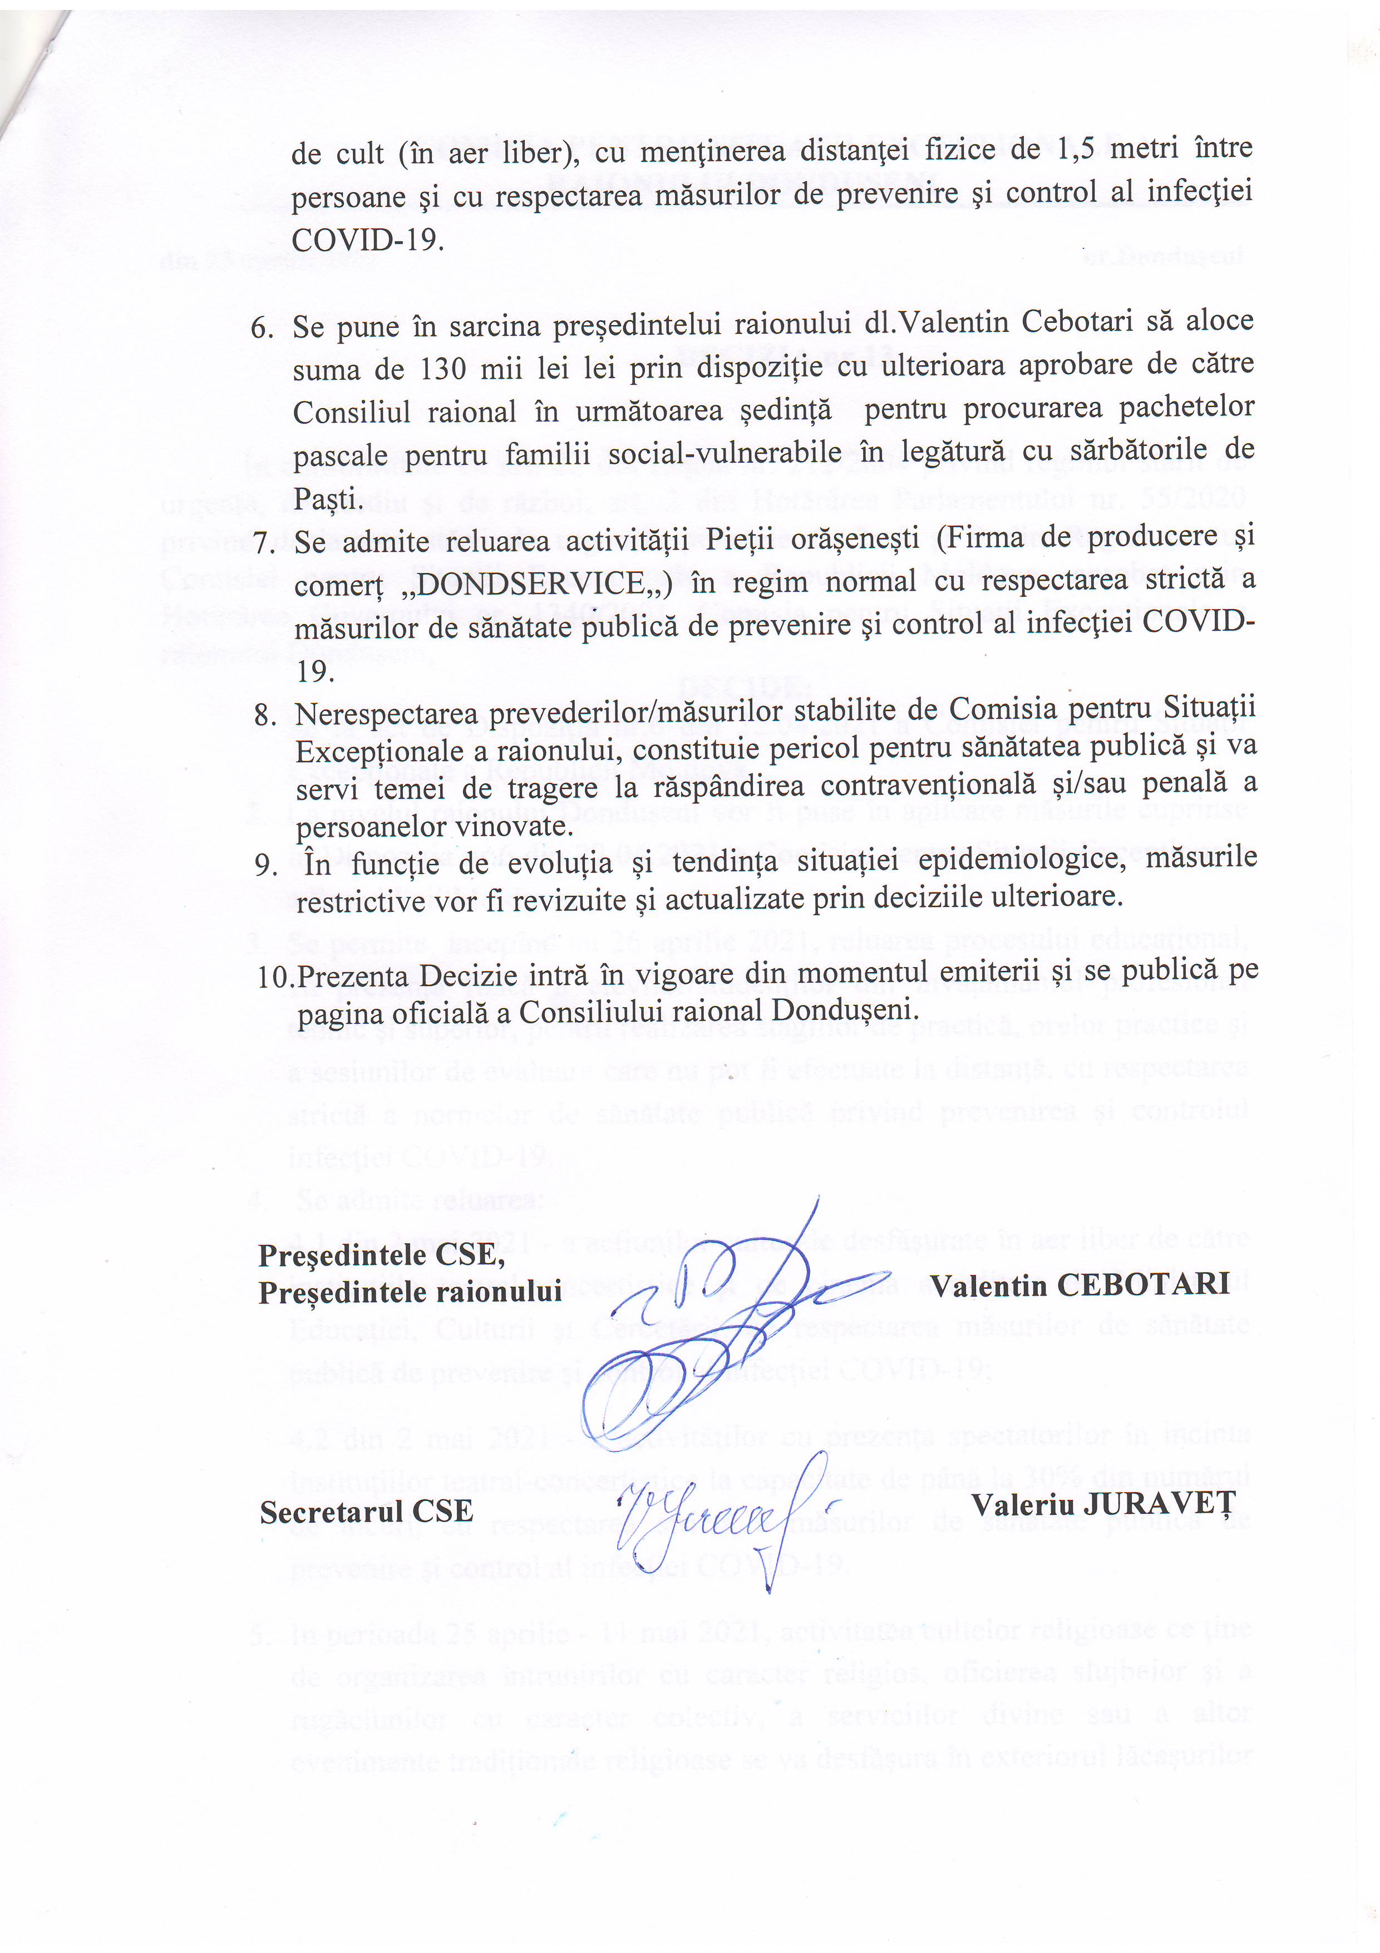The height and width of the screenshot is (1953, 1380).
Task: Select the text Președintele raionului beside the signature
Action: [x=410, y=1292]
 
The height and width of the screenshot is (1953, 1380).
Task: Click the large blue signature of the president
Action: [x=714, y=1327]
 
